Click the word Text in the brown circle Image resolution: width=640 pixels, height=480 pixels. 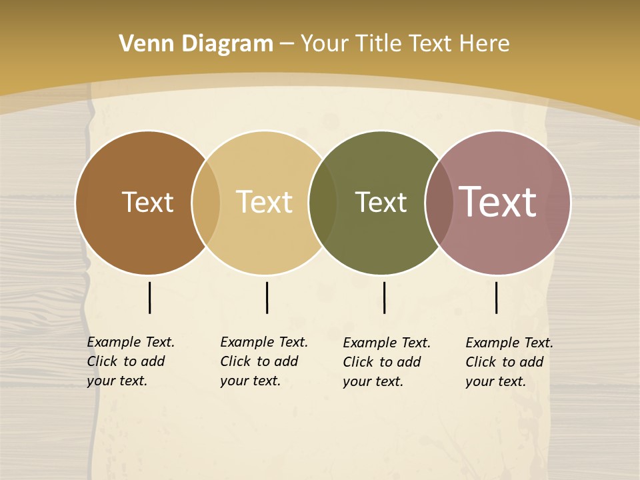point(147,202)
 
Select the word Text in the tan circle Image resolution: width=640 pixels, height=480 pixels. point(264,202)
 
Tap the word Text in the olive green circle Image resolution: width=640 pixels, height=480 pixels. point(381,202)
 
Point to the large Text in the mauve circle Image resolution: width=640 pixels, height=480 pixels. point(497,202)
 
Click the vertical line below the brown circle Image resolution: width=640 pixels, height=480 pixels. point(149,297)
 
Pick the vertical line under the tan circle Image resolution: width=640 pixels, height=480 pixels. point(267,297)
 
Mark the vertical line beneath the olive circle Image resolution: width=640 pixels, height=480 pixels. point(384,297)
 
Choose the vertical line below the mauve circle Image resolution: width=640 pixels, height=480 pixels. point(497,297)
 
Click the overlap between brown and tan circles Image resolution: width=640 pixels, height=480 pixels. point(206,203)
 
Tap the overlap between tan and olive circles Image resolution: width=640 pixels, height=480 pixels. point(323,203)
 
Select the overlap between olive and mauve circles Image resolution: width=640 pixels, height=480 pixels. point(439,203)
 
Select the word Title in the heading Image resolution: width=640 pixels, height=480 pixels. point(382,44)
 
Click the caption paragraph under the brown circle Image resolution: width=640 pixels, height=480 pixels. point(131,361)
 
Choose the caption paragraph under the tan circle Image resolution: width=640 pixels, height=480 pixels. point(264,361)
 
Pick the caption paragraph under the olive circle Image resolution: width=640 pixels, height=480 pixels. point(387,362)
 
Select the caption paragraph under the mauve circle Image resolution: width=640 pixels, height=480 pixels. point(509,362)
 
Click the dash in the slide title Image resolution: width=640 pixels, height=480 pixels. point(287,44)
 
